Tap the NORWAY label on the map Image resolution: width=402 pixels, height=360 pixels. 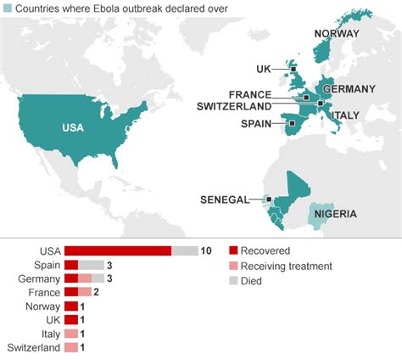click(x=337, y=34)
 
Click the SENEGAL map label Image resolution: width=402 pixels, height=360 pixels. click(x=225, y=200)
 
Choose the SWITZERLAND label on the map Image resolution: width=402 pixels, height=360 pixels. click(x=234, y=106)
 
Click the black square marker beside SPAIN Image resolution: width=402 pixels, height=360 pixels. click(x=291, y=124)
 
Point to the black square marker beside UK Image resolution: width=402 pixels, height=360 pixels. click(x=293, y=70)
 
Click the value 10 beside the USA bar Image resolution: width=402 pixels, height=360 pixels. click(x=205, y=250)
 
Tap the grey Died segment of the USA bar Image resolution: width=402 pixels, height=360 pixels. click(x=184, y=250)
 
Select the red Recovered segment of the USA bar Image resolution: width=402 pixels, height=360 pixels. click(x=118, y=250)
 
